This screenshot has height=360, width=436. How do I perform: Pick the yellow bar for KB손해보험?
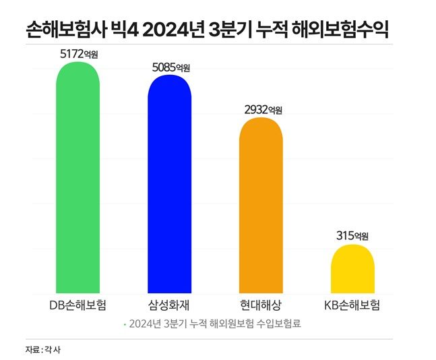[x=352, y=269]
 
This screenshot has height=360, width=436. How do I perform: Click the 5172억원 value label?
[x=79, y=54]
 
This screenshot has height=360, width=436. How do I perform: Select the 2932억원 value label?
[x=263, y=109]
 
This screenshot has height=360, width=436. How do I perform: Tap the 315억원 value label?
[x=352, y=236]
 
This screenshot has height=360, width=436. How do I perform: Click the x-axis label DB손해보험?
[x=78, y=304]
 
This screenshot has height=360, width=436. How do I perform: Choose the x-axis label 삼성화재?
[x=170, y=304]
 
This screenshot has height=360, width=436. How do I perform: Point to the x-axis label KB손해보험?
[x=352, y=304]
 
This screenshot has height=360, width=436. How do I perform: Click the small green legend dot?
[x=123, y=324]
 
